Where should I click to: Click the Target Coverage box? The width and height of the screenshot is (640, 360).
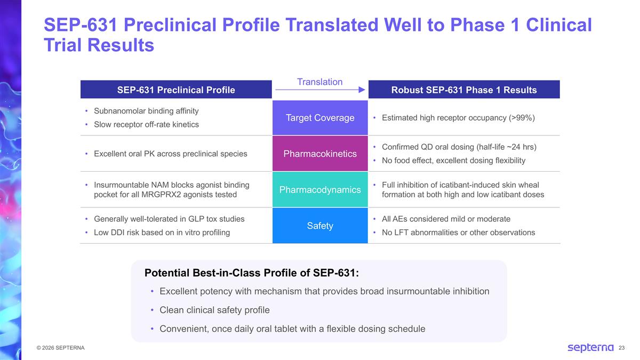pyautogui.click(x=320, y=117)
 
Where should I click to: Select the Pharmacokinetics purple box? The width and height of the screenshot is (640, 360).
pyautogui.click(x=320, y=154)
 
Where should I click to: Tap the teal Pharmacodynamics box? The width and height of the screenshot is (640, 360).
pyautogui.click(x=320, y=190)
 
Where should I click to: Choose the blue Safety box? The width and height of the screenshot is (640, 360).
pyautogui.click(x=320, y=226)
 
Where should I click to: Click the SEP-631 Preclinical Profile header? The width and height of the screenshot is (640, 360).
pyautogui.click(x=176, y=90)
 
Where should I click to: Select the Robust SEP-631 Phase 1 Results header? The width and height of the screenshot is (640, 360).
pyautogui.click(x=464, y=90)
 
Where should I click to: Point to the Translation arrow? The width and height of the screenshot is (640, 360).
pyautogui.click(x=320, y=91)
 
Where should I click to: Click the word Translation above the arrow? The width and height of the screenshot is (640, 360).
pyautogui.click(x=320, y=82)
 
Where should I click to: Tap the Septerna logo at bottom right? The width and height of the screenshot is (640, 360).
pyautogui.click(x=590, y=348)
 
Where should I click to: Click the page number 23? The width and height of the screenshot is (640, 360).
pyautogui.click(x=621, y=348)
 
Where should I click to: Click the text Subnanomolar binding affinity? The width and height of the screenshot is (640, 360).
pyautogui.click(x=146, y=111)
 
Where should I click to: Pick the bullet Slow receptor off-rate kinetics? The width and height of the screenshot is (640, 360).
pyautogui.click(x=146, y=124)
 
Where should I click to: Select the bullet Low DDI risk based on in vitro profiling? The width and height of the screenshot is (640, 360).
pyautogui.click(x=162, y=233)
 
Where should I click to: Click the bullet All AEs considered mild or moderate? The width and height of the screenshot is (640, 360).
pyautogui.click(x=446, y=219)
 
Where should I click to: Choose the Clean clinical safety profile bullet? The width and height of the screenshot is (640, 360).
pyautogui.click(x=214, y=310)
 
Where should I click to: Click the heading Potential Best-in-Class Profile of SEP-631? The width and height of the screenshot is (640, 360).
pyautogui.click(x=252, y=273)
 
